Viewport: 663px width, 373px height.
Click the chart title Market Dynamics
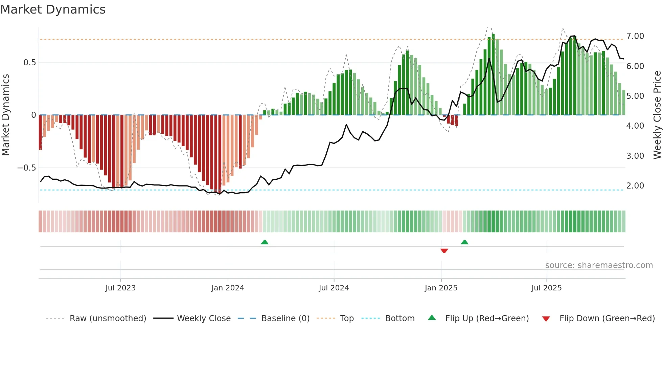53,9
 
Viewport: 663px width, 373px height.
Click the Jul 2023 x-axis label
120,288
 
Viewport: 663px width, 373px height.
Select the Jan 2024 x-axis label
228,288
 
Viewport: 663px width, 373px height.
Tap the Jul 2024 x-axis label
334,288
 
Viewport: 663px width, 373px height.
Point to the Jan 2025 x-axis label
441,288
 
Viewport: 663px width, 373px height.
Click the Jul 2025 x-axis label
546,288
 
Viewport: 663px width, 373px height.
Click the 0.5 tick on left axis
29,63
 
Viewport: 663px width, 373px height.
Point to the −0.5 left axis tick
26,168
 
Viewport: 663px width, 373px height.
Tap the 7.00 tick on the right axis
635,36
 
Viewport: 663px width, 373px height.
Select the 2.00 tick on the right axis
635,186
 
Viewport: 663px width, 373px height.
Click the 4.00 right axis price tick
635,126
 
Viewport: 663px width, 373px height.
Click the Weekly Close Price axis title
657,115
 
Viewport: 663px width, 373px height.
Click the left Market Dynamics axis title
5,115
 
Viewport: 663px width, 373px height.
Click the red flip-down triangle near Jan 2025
444,251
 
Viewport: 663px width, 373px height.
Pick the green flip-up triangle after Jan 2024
265,242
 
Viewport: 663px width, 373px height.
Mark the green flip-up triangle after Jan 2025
464,242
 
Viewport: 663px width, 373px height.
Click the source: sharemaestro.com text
599,265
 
